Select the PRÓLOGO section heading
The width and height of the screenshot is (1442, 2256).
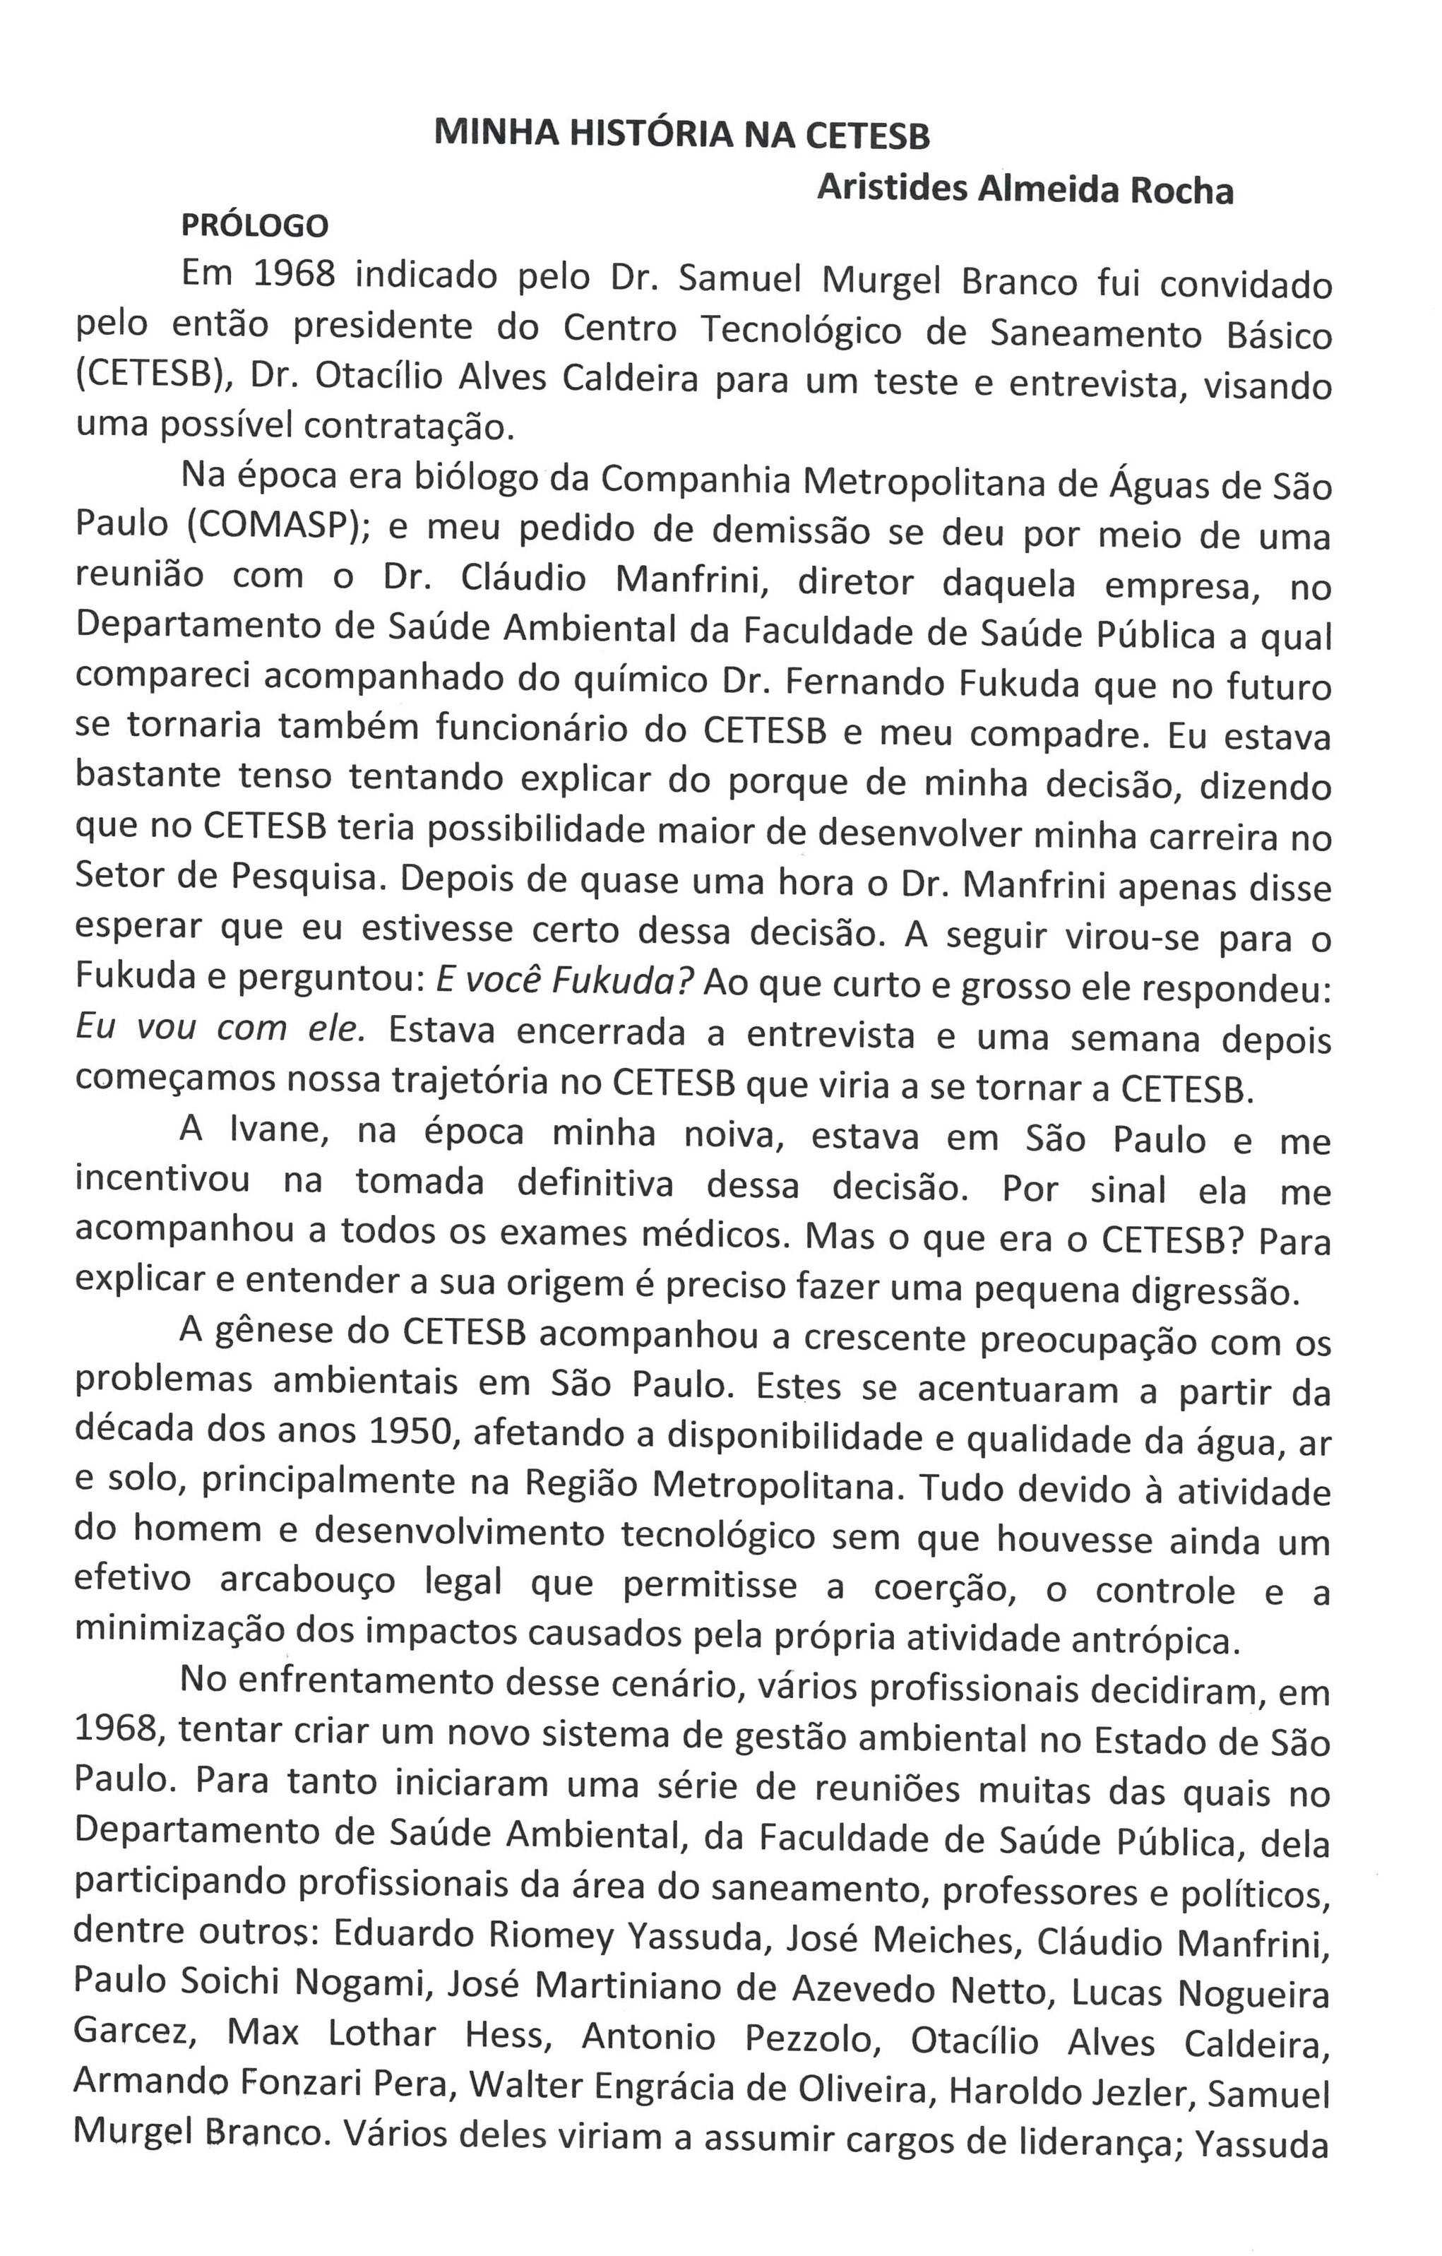point(255,226)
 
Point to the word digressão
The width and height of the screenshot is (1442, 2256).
point(1215,1292)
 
